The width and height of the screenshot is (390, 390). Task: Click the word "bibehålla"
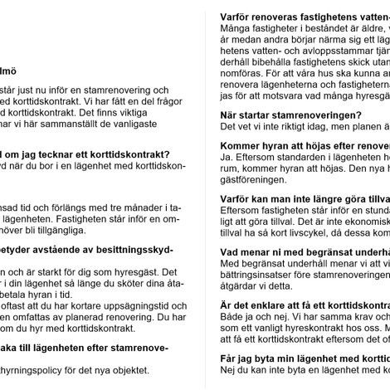coord(282,60)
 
